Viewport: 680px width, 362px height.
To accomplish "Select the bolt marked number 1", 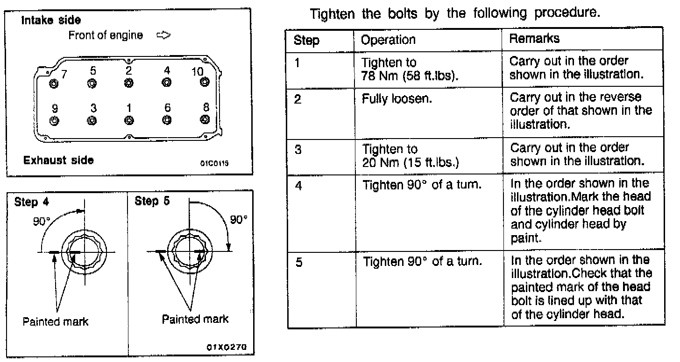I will pos(129,120).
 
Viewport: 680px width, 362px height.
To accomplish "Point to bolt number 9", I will pos(54,120).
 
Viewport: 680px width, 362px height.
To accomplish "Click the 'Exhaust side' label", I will pos(58,160).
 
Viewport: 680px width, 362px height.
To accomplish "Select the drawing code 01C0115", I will pos(215,164).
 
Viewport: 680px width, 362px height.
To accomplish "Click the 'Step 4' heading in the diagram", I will pos(33,202).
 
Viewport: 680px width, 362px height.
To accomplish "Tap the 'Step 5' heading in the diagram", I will pos(152,202).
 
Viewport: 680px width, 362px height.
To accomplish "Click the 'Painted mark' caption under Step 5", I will pos(195,319).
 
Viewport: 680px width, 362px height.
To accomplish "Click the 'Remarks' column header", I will pos(534,39).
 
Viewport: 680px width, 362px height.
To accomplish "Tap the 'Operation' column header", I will pos(389,40).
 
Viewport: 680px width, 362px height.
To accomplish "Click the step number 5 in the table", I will pos(299,262).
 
